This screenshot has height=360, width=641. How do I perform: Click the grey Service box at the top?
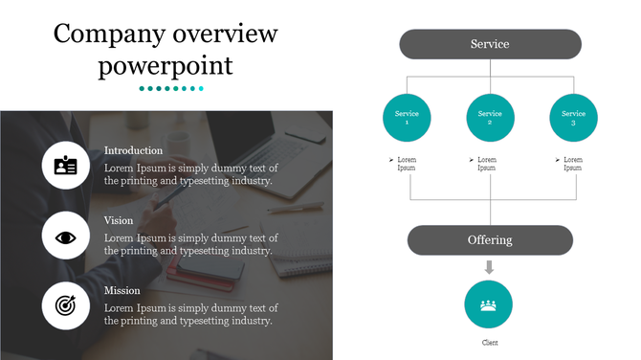(x=490, y=44)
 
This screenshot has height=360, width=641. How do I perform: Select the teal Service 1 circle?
(x=407, y=118)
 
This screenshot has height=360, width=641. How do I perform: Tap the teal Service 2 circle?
(x=490, y=118)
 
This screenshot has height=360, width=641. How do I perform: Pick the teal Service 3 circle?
(x=573, y=118)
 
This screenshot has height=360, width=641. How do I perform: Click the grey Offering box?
(x=490, y=240)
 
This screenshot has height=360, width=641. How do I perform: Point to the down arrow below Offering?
(x=490, y=267)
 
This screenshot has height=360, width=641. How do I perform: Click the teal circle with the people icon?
(x=489, y=304)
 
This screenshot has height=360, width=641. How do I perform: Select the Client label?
(x=489, y=342)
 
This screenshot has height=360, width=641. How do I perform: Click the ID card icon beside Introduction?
(x=66, y=166)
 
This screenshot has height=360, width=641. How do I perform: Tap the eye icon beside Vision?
(x=66, y=236)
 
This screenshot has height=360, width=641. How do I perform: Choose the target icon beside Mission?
(x=66, y=306)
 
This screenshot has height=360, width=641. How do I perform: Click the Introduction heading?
(x=133, y=150)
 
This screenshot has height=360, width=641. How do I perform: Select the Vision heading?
(x=119, y=220)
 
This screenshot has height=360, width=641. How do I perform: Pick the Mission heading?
(x=122, y=290)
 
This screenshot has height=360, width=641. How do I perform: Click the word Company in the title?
(x=108, y=34)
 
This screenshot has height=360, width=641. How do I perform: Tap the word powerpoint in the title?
(x=166, y=66)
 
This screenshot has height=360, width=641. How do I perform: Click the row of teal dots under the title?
(x=171, y=89)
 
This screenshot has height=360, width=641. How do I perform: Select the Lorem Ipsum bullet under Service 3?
(x=571, y=164)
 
